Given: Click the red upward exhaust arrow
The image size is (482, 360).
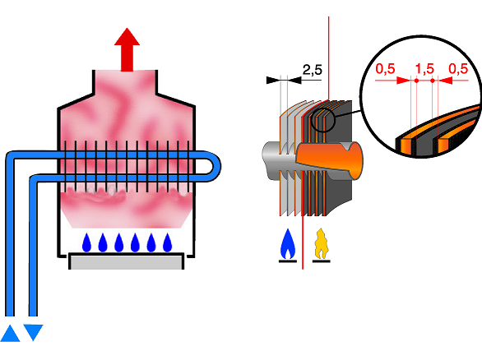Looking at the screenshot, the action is tap(127, 50).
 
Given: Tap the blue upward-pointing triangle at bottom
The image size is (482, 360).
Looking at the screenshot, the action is tap(10, 333).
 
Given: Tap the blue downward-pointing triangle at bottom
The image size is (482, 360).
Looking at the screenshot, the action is tap(33, 332).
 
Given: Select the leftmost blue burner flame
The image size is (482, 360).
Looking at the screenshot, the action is tap(86, 242).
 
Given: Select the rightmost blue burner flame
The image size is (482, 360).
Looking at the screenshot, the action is tap(167, 242).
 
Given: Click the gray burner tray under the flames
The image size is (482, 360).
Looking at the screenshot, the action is tap(127, 261).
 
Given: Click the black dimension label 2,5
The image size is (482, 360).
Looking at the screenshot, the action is tap(313, 70).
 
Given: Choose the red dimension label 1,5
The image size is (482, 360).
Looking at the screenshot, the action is tap(424, 69).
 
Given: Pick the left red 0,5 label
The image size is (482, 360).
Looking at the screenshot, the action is tap(385, 69).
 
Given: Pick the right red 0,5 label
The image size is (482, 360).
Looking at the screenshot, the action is tap(458, 69).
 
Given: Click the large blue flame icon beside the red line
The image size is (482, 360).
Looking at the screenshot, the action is tap(288, 243).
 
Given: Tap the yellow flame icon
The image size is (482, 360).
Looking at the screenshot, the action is tap(321, 243).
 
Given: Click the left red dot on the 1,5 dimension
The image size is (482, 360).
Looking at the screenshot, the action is tap(416, 81).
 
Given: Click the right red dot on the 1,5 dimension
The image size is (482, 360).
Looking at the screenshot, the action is tap(433, 81).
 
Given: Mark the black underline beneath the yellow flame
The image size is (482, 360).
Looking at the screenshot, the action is tap(322, 261).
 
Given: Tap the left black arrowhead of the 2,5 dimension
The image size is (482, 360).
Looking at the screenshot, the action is tap(273, 81).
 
